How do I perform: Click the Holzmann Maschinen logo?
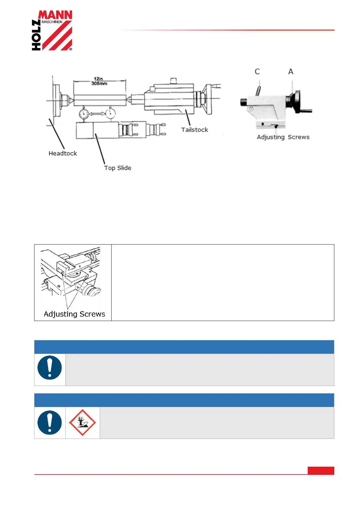pyautogui.click(x=52, y=31)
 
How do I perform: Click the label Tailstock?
pyautogui.click(x=194, y=130)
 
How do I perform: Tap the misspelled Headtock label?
pyautogui.click(x=63, y=153)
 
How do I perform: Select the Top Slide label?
pyautogui.click(x=118, y=168)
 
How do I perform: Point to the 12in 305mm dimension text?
pyautogui.click(x=99, y=81)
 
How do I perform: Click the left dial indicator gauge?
pyautogui.click(x=84, y=114)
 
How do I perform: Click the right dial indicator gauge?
pyautogui.click(x=111, y=114)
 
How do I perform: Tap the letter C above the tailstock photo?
pyautogui.click(x=257, y=72)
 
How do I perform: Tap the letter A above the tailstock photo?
pyautogui.click(x=290, y=72)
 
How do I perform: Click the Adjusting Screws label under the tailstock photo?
pyautogui.click(x=283, y=137)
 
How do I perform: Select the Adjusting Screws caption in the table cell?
pyautogui.click(x=74, y=314)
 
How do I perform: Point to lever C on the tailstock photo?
pyautogui.click(x=258, y=90)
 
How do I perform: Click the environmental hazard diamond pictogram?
pyautogui.click(x=83, y=423)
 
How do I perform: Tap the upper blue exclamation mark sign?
pyautogui.click(x=50, y=368)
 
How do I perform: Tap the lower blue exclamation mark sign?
pyautogui.click(x=50, y=423)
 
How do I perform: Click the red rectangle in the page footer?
pyautogui.click(x=321, y=471)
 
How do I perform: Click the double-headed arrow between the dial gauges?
pyautogui.click(x=97, y=114)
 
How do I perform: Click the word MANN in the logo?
pyautogui.click(x=55, y=15)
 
